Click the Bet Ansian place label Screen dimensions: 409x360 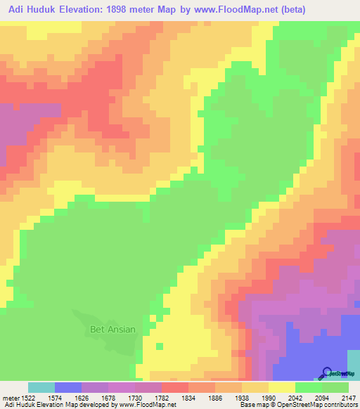coord(112,329)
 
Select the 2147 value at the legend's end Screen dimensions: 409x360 coord(349,397)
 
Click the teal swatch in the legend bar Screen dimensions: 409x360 coord(41,387)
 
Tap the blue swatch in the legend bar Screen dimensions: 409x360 coord(68,387)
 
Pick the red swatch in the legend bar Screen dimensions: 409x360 coord(175,387)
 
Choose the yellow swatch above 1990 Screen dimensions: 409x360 coord(282,387)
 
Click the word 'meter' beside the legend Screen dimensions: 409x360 coord(11,397)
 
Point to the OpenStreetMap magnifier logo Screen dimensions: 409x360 coord(326,372)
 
